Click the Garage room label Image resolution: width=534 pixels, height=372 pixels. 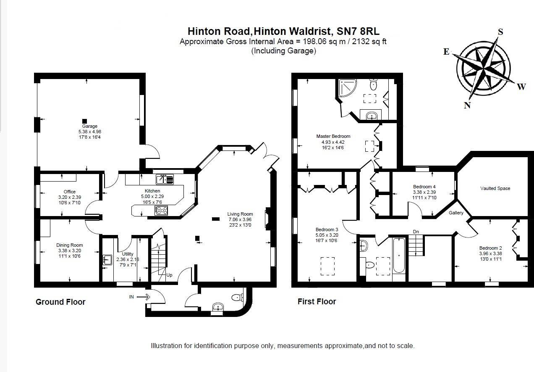click(x=89, y=126)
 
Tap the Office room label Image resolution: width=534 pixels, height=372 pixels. click(x=69, y=192)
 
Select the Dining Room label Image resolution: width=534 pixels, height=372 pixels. click(x=69, y=245)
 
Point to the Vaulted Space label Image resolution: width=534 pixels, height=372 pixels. click(x=495, y=188)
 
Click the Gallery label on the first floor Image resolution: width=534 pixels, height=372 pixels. click(x=456, y=213)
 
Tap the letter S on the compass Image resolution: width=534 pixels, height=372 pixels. click(x=500, y=32)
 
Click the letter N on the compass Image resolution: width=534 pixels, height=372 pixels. click(x=467, y=106)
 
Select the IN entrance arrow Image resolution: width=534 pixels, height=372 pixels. click(x=143, y=297)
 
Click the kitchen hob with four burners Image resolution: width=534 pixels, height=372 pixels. click(x=161, y=210)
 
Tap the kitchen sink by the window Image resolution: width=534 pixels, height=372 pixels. click(x=165, y=179)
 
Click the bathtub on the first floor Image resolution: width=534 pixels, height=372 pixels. click(x=398, y=255)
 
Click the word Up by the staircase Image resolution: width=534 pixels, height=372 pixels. click(x=169, y=275)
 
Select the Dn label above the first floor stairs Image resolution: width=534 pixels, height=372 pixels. click(x=416, y=232)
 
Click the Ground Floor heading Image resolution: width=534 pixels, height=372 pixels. click(x=60, y=302)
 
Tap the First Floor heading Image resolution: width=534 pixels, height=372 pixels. click(x=317, y=301)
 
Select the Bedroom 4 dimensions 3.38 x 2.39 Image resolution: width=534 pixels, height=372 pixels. click(x=424, y=192)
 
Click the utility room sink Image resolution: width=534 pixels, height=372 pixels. click(x=106, y=260)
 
